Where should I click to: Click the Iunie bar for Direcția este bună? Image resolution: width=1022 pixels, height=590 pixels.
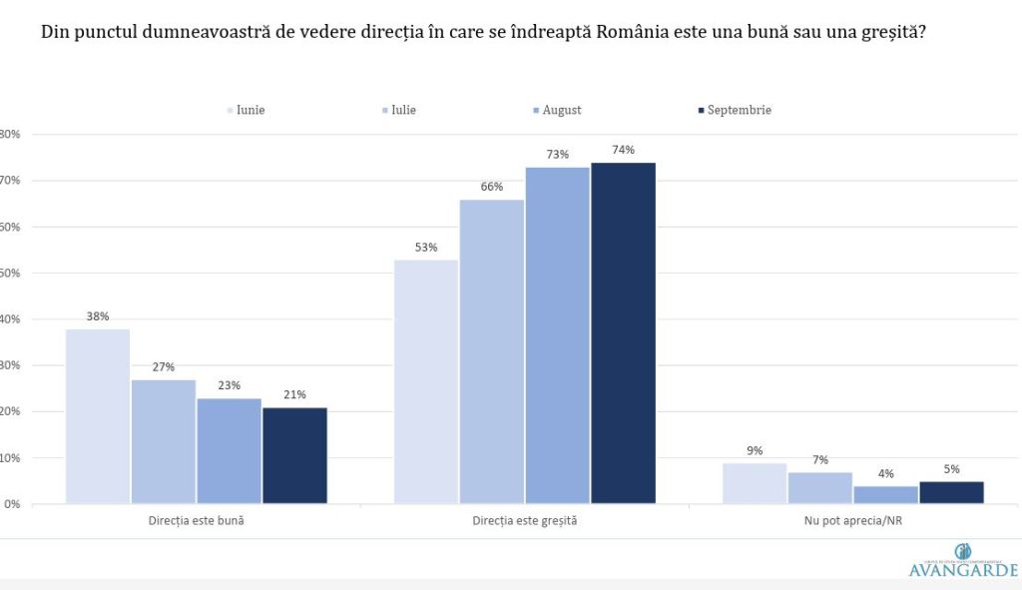tap(98, 416)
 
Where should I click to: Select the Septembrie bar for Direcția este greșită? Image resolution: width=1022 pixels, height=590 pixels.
tap(623, 332)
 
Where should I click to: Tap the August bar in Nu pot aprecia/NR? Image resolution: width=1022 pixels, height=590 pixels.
tap(885, 494)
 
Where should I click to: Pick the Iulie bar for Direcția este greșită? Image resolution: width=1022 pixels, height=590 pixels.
tap(492, 351)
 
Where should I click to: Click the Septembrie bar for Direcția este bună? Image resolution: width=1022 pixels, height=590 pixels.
tap(294, 455)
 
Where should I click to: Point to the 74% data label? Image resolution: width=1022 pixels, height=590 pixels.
tap(623, 150)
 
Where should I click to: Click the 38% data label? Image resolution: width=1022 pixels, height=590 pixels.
tap(98, 316)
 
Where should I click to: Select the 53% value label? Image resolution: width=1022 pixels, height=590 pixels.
tap(426, 248)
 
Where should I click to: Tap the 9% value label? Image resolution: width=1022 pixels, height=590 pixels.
tap(755, 451)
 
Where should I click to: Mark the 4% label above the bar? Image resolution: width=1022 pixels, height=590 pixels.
tap(885, 474)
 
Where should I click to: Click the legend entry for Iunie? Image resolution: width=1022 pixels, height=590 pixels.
tap(250, 111)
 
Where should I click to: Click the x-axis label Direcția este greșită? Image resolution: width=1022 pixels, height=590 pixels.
tap(524, 521)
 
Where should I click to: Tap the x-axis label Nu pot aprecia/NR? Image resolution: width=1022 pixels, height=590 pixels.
tap(852, 521)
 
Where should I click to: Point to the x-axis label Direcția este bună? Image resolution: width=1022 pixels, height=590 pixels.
tap(196, 521)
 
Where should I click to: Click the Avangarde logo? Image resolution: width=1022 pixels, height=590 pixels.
tap(963, 562)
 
